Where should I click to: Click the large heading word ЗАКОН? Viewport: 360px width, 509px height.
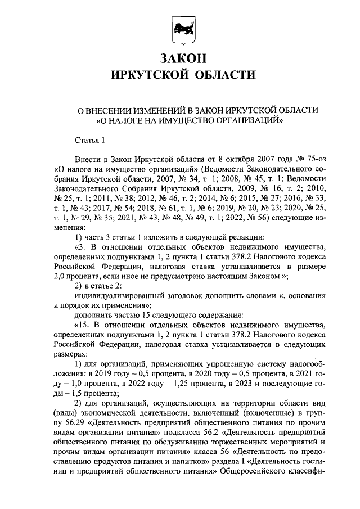(180, 58)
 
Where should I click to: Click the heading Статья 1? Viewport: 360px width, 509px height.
(89, 140)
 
